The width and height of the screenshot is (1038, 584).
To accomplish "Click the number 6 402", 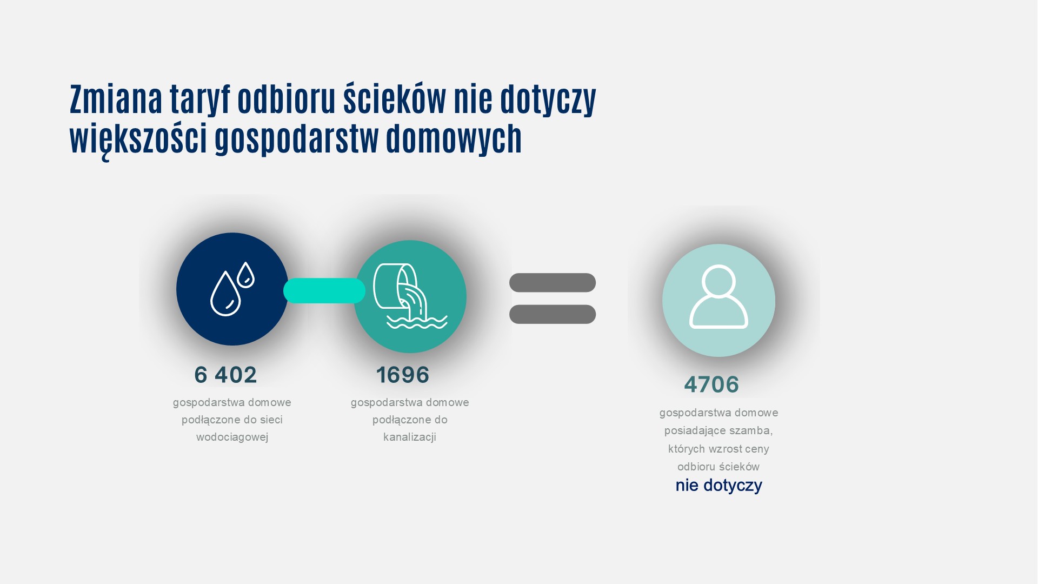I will [225, 375].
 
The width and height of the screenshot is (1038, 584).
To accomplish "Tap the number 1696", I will [402, 375].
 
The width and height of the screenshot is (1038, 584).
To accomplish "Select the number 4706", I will [711, 384].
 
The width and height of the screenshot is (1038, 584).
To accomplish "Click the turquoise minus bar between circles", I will [324, 291].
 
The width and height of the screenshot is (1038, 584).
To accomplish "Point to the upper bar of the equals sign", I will [552, 283].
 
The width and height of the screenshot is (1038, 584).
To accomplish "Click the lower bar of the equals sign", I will [552, 314].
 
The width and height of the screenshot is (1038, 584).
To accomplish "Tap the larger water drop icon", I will [225, 295].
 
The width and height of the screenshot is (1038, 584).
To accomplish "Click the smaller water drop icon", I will [245, 275].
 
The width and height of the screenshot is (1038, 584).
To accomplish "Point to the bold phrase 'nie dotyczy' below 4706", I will [718, 485].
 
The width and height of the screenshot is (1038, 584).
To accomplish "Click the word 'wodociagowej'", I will [232, 437].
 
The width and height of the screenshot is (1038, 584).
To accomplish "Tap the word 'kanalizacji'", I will [409, 437].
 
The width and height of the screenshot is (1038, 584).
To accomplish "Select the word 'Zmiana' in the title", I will [116, 99].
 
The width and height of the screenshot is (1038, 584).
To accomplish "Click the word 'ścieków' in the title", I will [395, 99].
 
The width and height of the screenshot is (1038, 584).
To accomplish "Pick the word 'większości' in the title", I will [138, 139].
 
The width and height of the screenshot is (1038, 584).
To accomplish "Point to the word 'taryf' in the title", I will [199, 99].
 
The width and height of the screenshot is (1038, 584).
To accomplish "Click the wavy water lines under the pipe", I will [417, 323].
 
